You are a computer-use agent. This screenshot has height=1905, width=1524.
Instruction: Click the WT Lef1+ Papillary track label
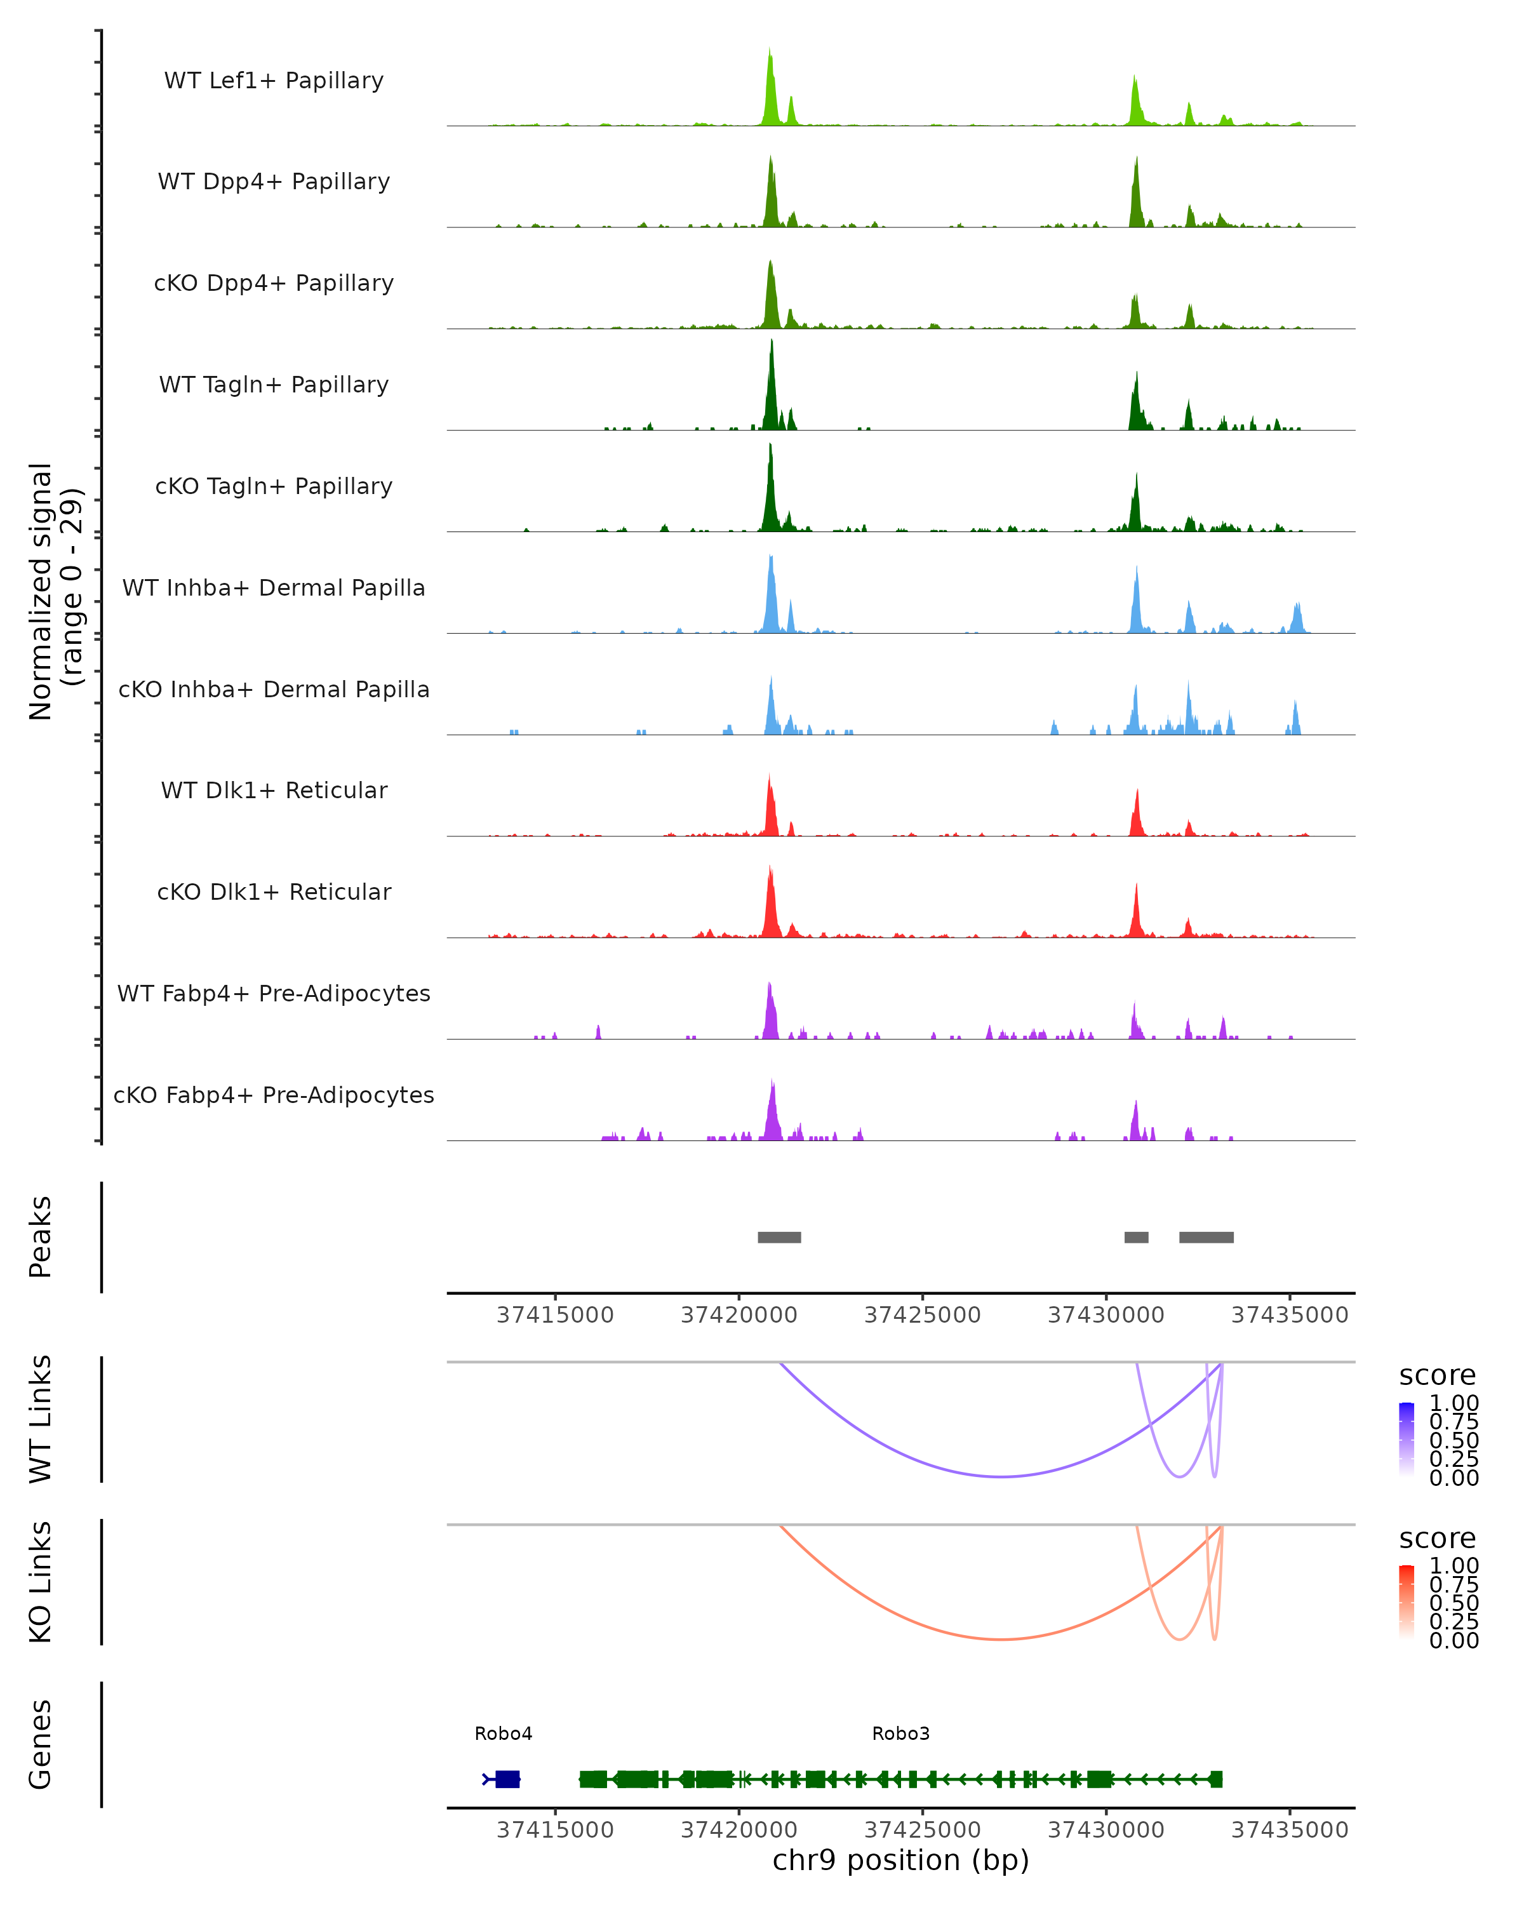pyautogui.click(x=274, y=81)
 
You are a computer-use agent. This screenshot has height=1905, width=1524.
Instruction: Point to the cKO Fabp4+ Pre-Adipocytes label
pyautogui.click(x=274, y=1095)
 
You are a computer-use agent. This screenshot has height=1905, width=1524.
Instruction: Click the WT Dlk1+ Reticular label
pyautogui.click(x=274, y=790)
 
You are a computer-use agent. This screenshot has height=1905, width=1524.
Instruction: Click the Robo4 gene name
pyautogui.click(x=504, y=1734)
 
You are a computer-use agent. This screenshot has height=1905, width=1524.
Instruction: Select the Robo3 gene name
pyautogui.click(x=900, y=1734)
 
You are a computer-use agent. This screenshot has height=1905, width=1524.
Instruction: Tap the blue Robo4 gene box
pyautogui.click(x=507, y=1779)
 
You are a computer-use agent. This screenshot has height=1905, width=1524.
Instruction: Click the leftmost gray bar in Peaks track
pyautogui.click(x=779, y=1237)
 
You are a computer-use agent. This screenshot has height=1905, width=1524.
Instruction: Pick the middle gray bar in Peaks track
pyautogui.click(x=1136, y=1237)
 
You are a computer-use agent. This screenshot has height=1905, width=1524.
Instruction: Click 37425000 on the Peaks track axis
pyautogui.click(x=923, y=1315)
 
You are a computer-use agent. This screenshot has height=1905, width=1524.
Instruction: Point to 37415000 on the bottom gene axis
pyautogui.click(x=555, y=1830)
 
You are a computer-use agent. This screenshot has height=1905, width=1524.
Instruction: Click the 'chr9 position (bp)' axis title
pyautogui.click(x=900, y=1861)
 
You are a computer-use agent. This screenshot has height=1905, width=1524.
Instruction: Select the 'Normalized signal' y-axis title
pyautogui.click(x=41, y=591)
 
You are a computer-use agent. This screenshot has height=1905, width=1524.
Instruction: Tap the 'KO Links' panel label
pyautogui.click(x=41, y=1582)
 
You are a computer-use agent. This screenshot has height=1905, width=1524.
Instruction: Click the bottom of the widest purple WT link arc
pyautogui.click(x=1001, y=1476)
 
